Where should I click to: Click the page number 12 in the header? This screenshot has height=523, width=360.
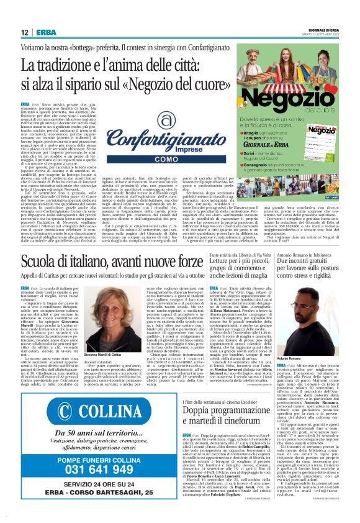tap(25, 32)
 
